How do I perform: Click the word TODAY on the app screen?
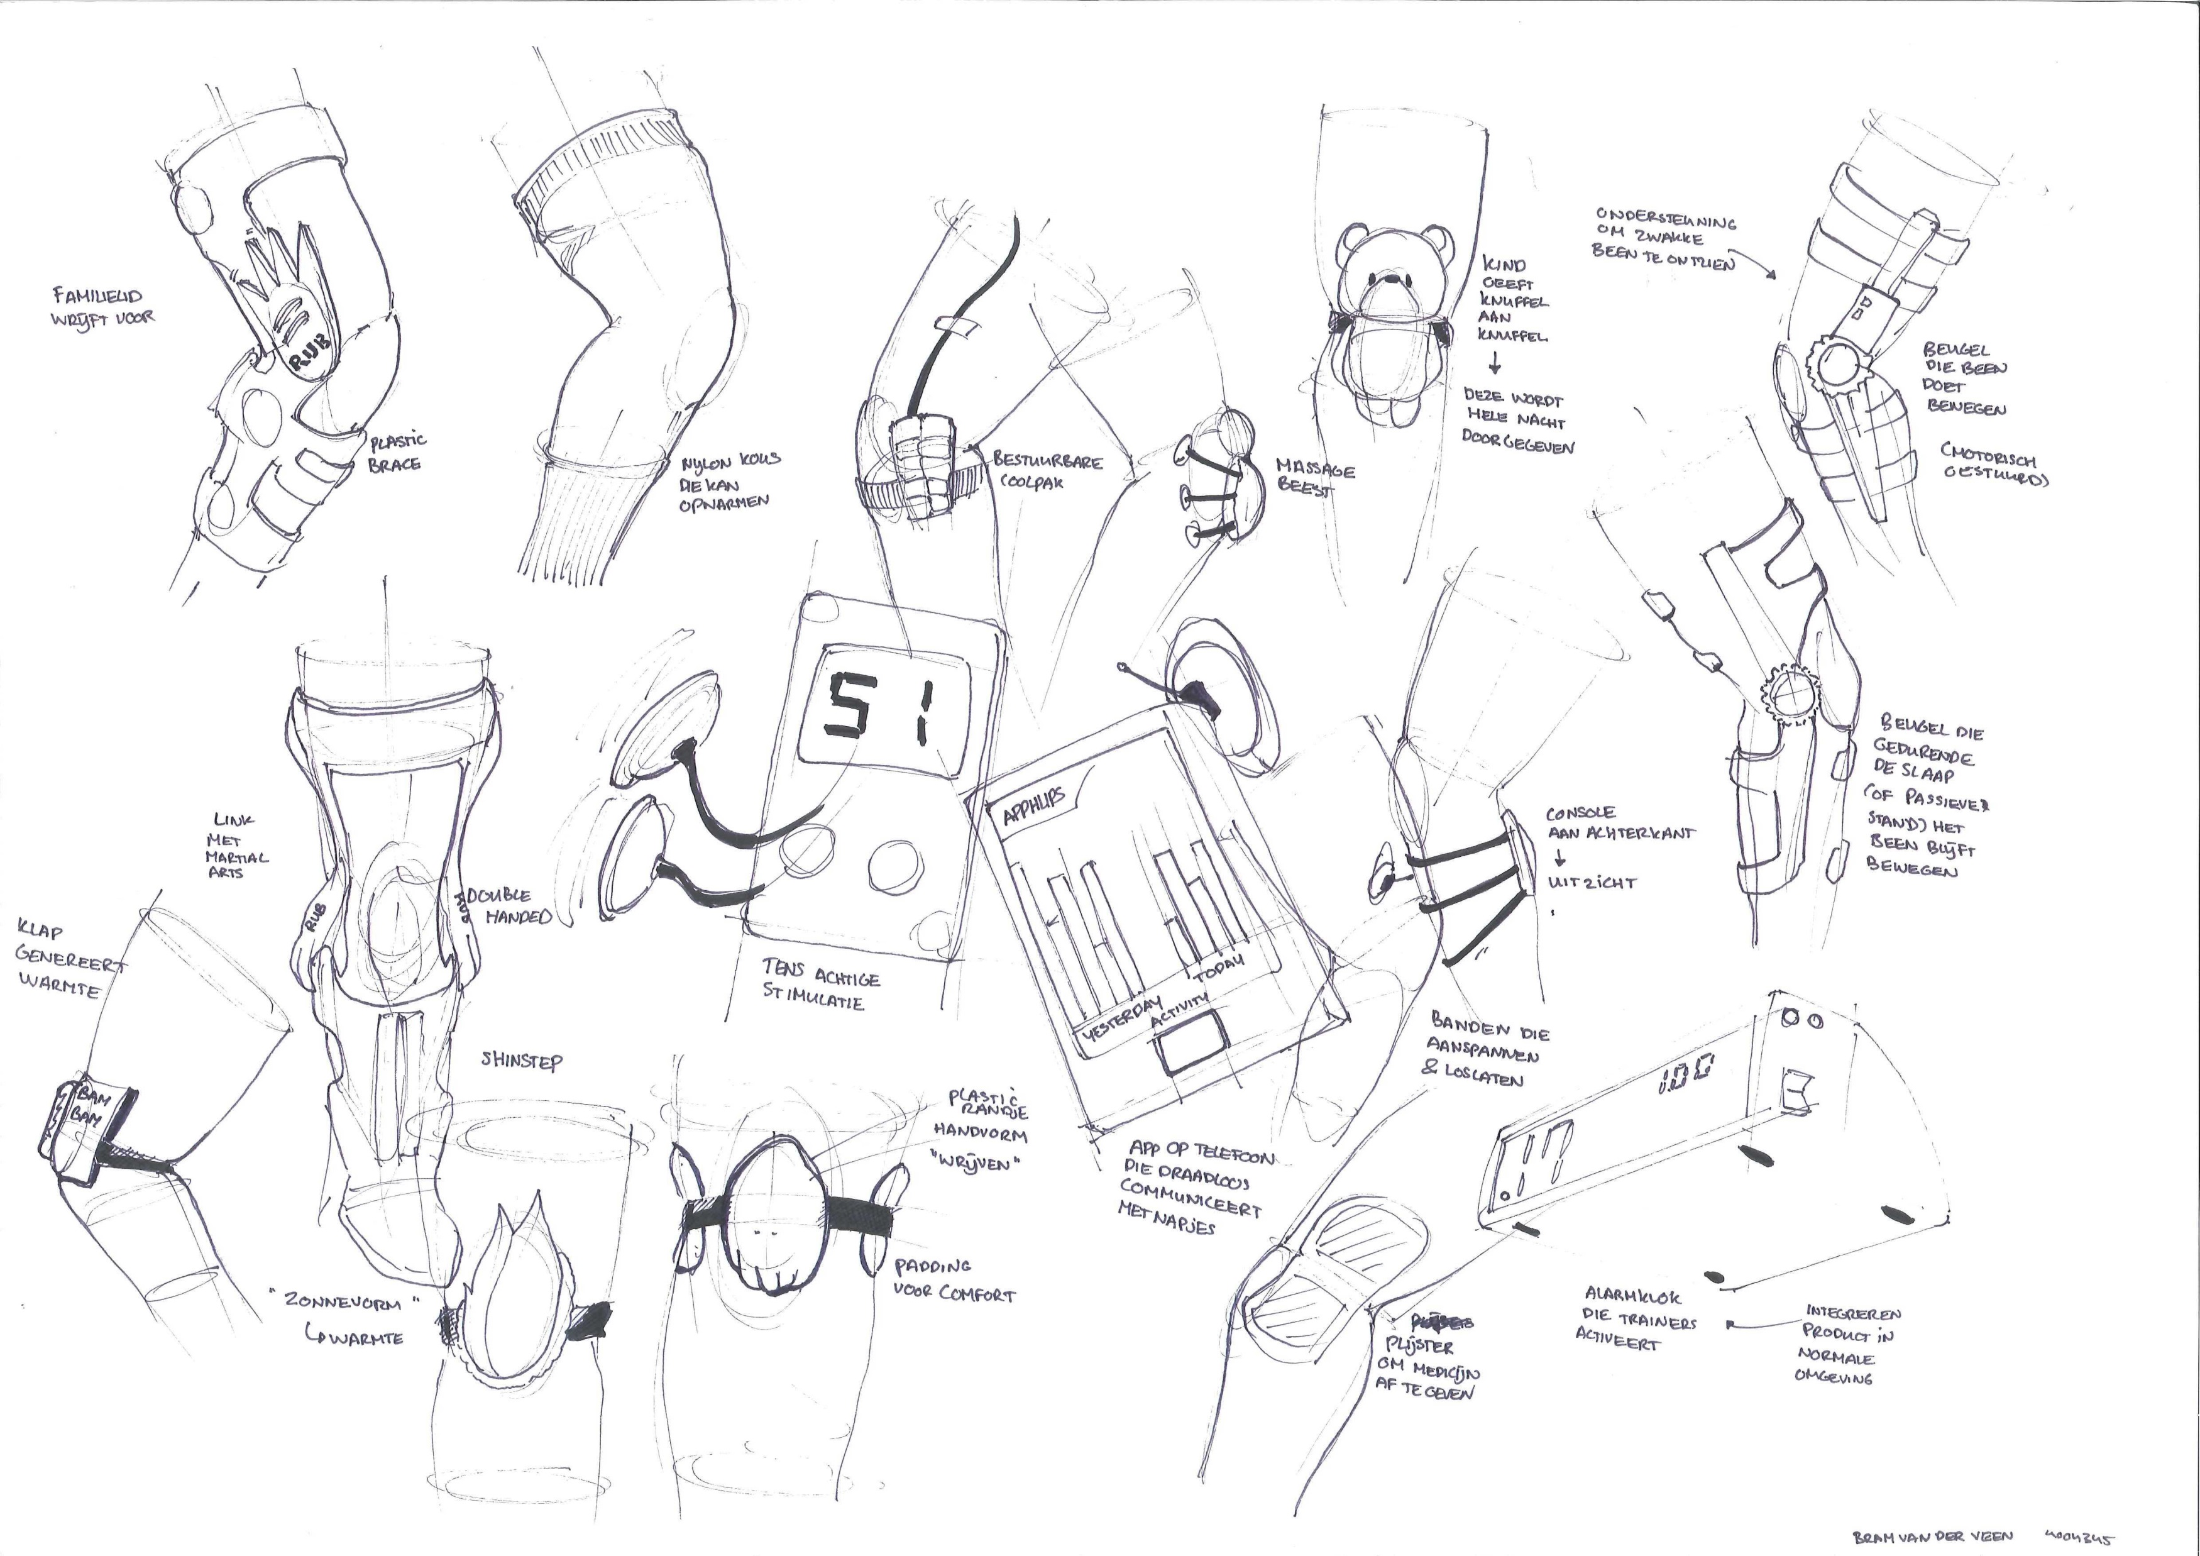(x=1218, y=967)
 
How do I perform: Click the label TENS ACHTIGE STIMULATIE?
(x=819, y=988)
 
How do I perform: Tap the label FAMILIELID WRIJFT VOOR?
(x=102, y=307)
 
